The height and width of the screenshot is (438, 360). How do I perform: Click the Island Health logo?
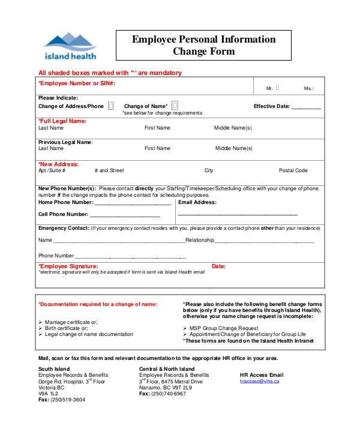click(69, 46)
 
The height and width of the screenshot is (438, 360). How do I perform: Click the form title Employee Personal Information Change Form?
click(203, 46)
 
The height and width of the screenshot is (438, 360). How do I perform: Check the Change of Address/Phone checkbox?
click(111, 106)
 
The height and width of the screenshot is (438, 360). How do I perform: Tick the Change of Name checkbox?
click(175, 106)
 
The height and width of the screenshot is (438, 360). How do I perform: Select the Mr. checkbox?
click(277, 88)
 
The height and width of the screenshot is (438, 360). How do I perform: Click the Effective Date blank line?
click(307, 107)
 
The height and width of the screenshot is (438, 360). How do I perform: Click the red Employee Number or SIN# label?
click(77, 83)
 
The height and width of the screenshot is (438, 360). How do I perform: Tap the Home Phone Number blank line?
click(133, 203)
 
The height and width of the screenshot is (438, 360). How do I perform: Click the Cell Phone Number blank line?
click(125, 214)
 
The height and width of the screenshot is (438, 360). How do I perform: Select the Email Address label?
click(197, 203)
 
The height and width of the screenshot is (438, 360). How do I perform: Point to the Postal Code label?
click(293, 170)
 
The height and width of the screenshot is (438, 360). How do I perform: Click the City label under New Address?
click(209, 170)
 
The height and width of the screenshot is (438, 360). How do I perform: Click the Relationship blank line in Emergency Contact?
click(264, 241)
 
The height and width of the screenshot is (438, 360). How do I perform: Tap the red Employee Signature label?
click(68, 266)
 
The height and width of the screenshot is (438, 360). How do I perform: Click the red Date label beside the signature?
click(218, 266)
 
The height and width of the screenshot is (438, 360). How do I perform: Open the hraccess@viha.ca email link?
click(259, 381)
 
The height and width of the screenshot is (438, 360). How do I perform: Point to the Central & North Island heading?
click(167, 368)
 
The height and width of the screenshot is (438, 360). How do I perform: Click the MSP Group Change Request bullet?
click(223, 328)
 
